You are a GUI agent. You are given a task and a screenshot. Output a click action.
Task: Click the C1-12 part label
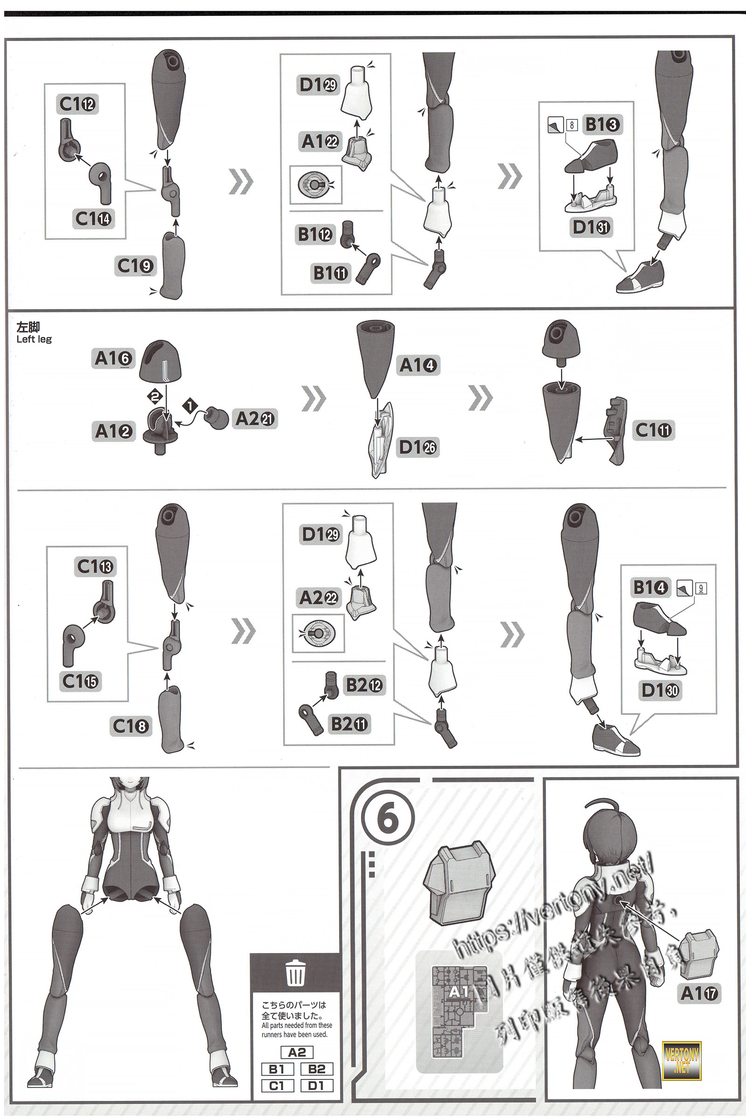click(x=77, y=104)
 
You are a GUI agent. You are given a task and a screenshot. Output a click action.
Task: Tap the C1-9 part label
click(x=135, y=266)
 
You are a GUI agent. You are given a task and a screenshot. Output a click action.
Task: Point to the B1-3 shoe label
click(x=602, y=124)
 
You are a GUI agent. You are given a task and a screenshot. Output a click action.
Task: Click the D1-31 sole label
click(x=591, y=227)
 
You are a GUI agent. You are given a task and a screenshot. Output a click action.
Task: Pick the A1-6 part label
click(x=113, y=358)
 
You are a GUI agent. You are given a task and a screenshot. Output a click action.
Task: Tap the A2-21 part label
click(x=255, y=419)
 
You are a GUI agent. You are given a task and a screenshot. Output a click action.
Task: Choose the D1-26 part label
click(x=418, y=447)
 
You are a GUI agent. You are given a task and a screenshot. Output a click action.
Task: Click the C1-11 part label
click(x=653, y=430)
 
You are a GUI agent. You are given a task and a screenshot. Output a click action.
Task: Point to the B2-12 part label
click(x=364, y=685)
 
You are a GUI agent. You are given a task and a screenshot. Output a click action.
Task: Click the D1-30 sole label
click(x=660, y=690)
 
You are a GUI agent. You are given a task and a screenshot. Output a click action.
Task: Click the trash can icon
click(x=296, y=973)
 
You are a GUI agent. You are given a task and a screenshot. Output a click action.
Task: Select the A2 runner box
click(x=297, y=1052)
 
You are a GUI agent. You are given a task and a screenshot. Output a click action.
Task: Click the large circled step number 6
click(x=388, y=818)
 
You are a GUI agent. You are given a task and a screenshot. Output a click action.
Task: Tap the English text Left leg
click(x=34, y=340)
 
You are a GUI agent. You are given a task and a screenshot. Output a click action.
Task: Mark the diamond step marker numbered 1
click(x=190, y=406)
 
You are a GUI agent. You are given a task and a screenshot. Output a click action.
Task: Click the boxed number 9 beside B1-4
click(x=700, y=588)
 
